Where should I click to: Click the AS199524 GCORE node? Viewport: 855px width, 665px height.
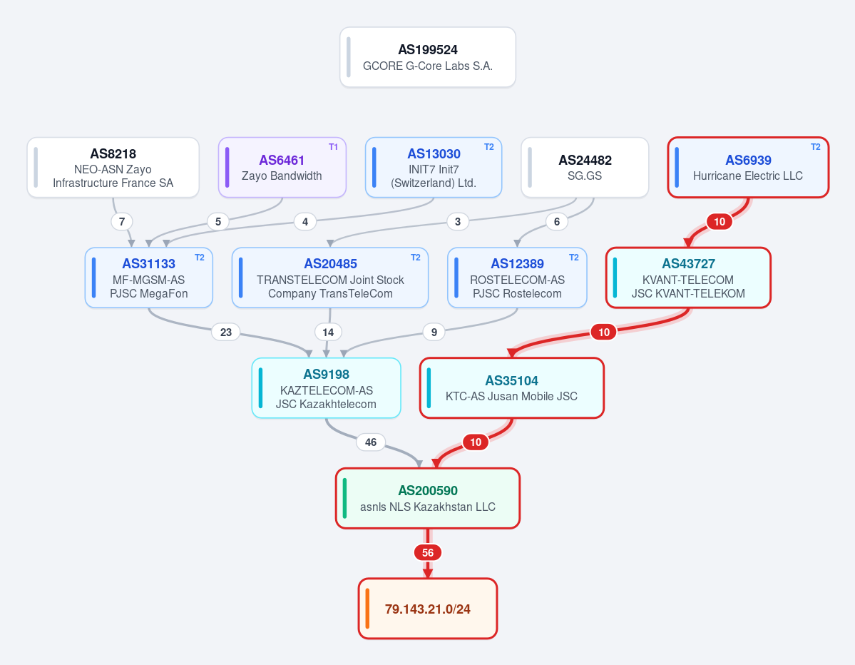[x=428, y=57]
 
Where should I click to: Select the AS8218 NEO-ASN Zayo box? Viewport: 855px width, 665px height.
[x=113, y=168]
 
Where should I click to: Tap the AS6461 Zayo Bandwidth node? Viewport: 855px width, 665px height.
[x=282, y=168]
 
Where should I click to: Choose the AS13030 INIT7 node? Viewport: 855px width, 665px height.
[x=434, y=168]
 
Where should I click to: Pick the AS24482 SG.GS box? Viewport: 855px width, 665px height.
[x=585, y=168]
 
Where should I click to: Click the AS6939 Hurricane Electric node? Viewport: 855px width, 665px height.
[x=748, y=168]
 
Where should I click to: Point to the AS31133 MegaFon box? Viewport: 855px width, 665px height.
[x=149, y=278]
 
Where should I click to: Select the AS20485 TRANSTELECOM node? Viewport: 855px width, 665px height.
[x=330, y=278]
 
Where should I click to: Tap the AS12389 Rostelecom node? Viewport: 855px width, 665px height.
[x=517, y=278]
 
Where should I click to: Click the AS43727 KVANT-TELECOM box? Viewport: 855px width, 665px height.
[x=688, y=278]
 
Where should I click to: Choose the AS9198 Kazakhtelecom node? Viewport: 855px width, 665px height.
[x=326, y=388]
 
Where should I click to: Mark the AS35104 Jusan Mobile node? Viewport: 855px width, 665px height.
[x=511, y=388]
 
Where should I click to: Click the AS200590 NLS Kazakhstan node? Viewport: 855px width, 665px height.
[x=428, y=498]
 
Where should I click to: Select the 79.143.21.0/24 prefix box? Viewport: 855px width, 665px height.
[x=428, y=608]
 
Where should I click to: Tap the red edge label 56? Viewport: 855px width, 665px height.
[x=428, y=553]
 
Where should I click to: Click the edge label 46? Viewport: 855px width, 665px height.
[x=371, y=442]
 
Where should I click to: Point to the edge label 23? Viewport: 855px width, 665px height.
[x=226, y=332]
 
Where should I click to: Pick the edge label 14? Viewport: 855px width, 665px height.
[x=328, y=332]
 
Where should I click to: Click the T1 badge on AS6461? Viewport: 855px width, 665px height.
[x=333, y=147]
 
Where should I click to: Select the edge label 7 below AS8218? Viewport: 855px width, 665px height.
[x=122, y=221]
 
